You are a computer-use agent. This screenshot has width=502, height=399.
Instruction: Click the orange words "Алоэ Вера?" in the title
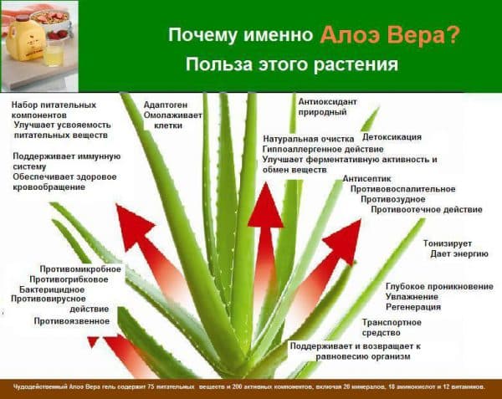pyautogui.click(x=390, y=34)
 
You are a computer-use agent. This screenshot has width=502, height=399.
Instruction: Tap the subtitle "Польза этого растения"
pyautogui.click(x=292, y=64)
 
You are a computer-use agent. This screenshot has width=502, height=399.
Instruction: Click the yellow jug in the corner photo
pyautogui.click(x=24, y=39)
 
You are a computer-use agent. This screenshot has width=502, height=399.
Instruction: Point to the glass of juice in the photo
pyautogui.click(x=54, y=55)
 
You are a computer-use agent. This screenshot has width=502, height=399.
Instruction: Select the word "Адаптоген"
pyautogui.click(x=166, y=105)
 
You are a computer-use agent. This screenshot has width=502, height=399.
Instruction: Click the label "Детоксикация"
pyautogui.click(x=392, y=137)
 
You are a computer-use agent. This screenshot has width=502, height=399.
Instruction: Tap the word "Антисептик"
pyautogui.click(x=367, y=178)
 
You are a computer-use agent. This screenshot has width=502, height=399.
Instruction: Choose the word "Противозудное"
pyautogui.click(x=393, y=199)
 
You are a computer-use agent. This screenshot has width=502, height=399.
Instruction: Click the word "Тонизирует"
pyautogui.click(x=448, y=243)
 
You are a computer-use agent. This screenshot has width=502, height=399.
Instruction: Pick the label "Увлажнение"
pyautogui.click(x=412, y=297)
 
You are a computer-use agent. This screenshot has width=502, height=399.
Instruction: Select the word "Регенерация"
pyautogui.click(x=413, y=307)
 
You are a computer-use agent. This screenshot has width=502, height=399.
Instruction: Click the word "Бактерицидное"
pyautogui.click(x=52, y=289)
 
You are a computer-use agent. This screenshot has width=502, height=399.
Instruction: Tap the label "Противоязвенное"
pyautogui.click(x=72, y=321)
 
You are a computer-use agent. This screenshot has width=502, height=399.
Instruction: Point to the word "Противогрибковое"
pyautogui.click(x=69, y=279)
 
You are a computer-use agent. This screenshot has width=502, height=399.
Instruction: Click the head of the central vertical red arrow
pyautogui.click(x=266, y=206)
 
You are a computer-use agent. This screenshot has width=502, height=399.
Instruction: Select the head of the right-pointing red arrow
pyautogui.click(x=344, y=241)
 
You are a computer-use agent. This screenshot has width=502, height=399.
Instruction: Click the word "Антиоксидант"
pyautogui.click(x=327, y=102)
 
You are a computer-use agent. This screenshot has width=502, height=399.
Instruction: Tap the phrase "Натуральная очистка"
pyautogui.click(x=308, y=139)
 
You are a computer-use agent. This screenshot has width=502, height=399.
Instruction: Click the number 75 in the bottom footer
pyautogui.click(x=151, y=386)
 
